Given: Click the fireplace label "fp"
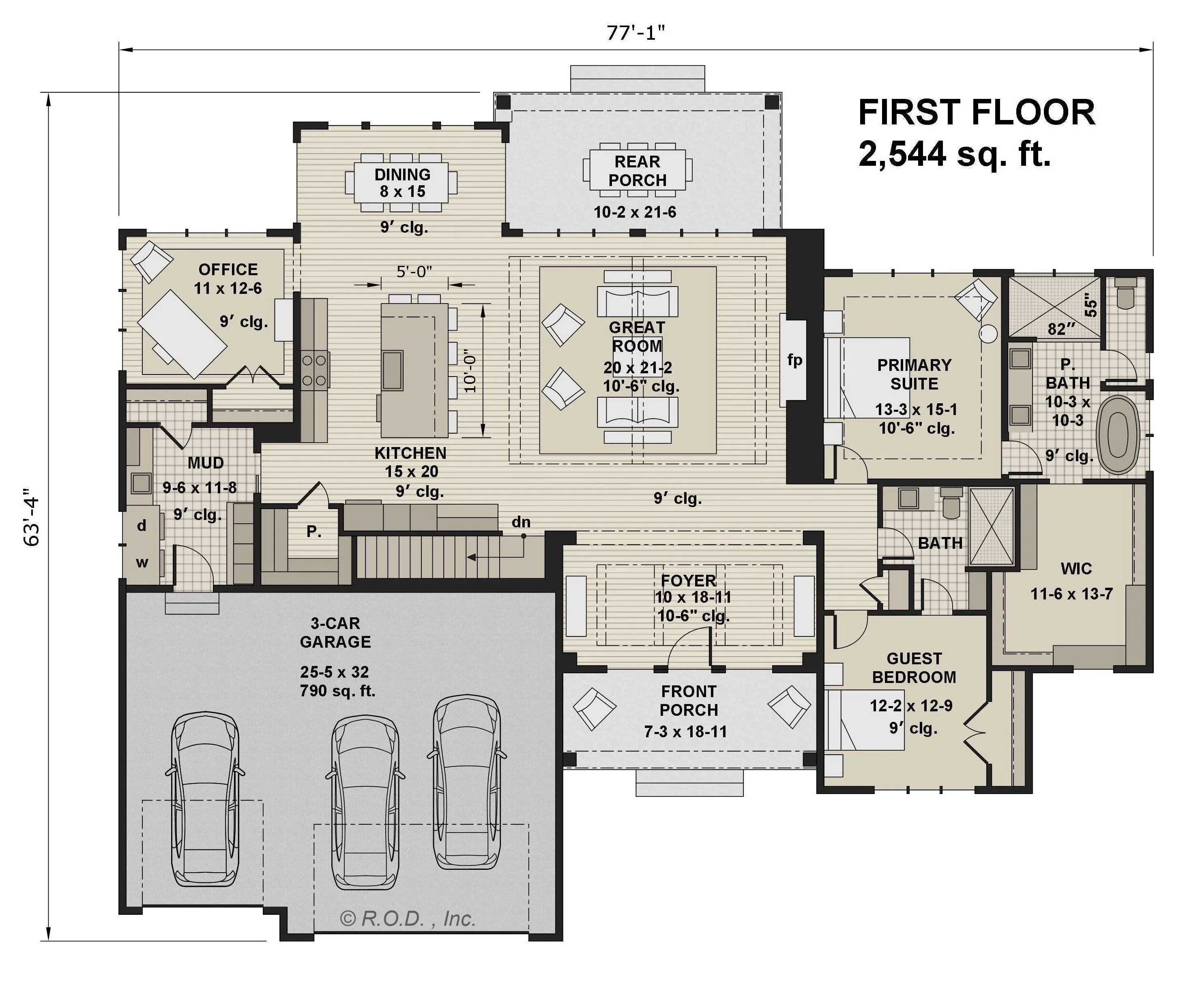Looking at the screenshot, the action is (x=794, y=360).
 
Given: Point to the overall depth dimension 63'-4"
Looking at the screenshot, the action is (x=31, y=517).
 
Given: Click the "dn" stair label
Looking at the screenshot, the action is (x=521, y=522).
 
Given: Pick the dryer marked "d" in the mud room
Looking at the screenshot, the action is (x=142, y=526).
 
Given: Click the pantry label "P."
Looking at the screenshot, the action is (x=313, y=531).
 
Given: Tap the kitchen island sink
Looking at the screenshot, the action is (x=393, y=370).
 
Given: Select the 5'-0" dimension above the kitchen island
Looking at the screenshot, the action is (x=414, y=272).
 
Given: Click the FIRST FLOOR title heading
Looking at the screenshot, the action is (x=977, y=112).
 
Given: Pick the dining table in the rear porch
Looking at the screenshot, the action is (x=638, y=170).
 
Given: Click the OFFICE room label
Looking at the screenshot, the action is (x=228, y=270).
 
